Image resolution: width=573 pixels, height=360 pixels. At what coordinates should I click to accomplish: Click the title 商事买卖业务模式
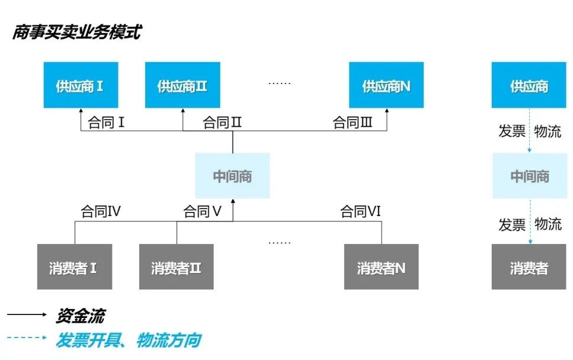click(76, 31)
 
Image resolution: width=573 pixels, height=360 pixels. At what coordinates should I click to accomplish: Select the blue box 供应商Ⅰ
click(81, 85)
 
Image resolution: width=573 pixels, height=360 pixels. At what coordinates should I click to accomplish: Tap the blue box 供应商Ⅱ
click(183, 85)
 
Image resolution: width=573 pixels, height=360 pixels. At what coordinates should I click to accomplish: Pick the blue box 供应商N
click(386, 85)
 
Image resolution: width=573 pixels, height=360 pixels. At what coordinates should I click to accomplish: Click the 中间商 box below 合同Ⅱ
click(232, 176)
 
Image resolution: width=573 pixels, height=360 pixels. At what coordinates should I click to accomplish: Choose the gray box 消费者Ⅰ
click(74, 267)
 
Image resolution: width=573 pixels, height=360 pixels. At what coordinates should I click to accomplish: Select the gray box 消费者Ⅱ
click(177, 267)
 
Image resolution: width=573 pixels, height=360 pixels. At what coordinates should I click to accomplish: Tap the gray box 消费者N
click(381, 267)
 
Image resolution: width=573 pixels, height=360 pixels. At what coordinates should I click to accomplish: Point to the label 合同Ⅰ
click(106, 123)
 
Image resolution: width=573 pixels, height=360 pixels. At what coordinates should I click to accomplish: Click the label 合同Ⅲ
click(353, 123)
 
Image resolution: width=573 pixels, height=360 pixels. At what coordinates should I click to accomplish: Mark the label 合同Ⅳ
click(101, 211)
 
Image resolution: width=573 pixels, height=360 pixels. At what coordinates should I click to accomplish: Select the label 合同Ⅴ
click(202, 211)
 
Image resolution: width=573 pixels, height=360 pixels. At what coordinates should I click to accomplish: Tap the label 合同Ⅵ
click(360, 211)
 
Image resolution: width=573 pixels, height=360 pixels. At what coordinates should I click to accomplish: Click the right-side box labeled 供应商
click(529, 85)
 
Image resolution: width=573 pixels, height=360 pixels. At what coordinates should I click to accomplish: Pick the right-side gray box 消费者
click(529, 267)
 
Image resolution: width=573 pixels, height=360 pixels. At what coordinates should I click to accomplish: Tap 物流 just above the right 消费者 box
click(548, 224)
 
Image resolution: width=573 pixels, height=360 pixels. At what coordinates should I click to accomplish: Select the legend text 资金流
click(80, 316)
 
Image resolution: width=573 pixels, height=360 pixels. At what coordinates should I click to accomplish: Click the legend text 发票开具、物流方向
click(128, 340)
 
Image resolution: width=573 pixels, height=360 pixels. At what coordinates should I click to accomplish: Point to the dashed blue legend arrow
click(27, 338)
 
